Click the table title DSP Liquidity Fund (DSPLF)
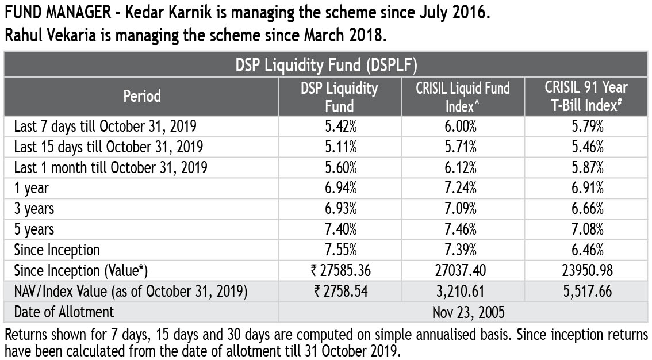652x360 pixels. pos(326,65)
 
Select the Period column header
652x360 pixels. pos(142,96)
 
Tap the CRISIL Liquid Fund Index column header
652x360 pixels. pos(463,97)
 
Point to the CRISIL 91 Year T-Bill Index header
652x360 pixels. pos(586,97)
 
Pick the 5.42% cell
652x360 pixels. pos(341,125)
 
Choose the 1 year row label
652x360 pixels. pos(32,187)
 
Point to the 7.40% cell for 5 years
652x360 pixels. pos(341,229)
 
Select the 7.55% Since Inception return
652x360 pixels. pos(341,250)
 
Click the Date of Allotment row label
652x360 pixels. pos(64,312)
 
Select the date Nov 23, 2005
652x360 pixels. pos(463,312)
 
